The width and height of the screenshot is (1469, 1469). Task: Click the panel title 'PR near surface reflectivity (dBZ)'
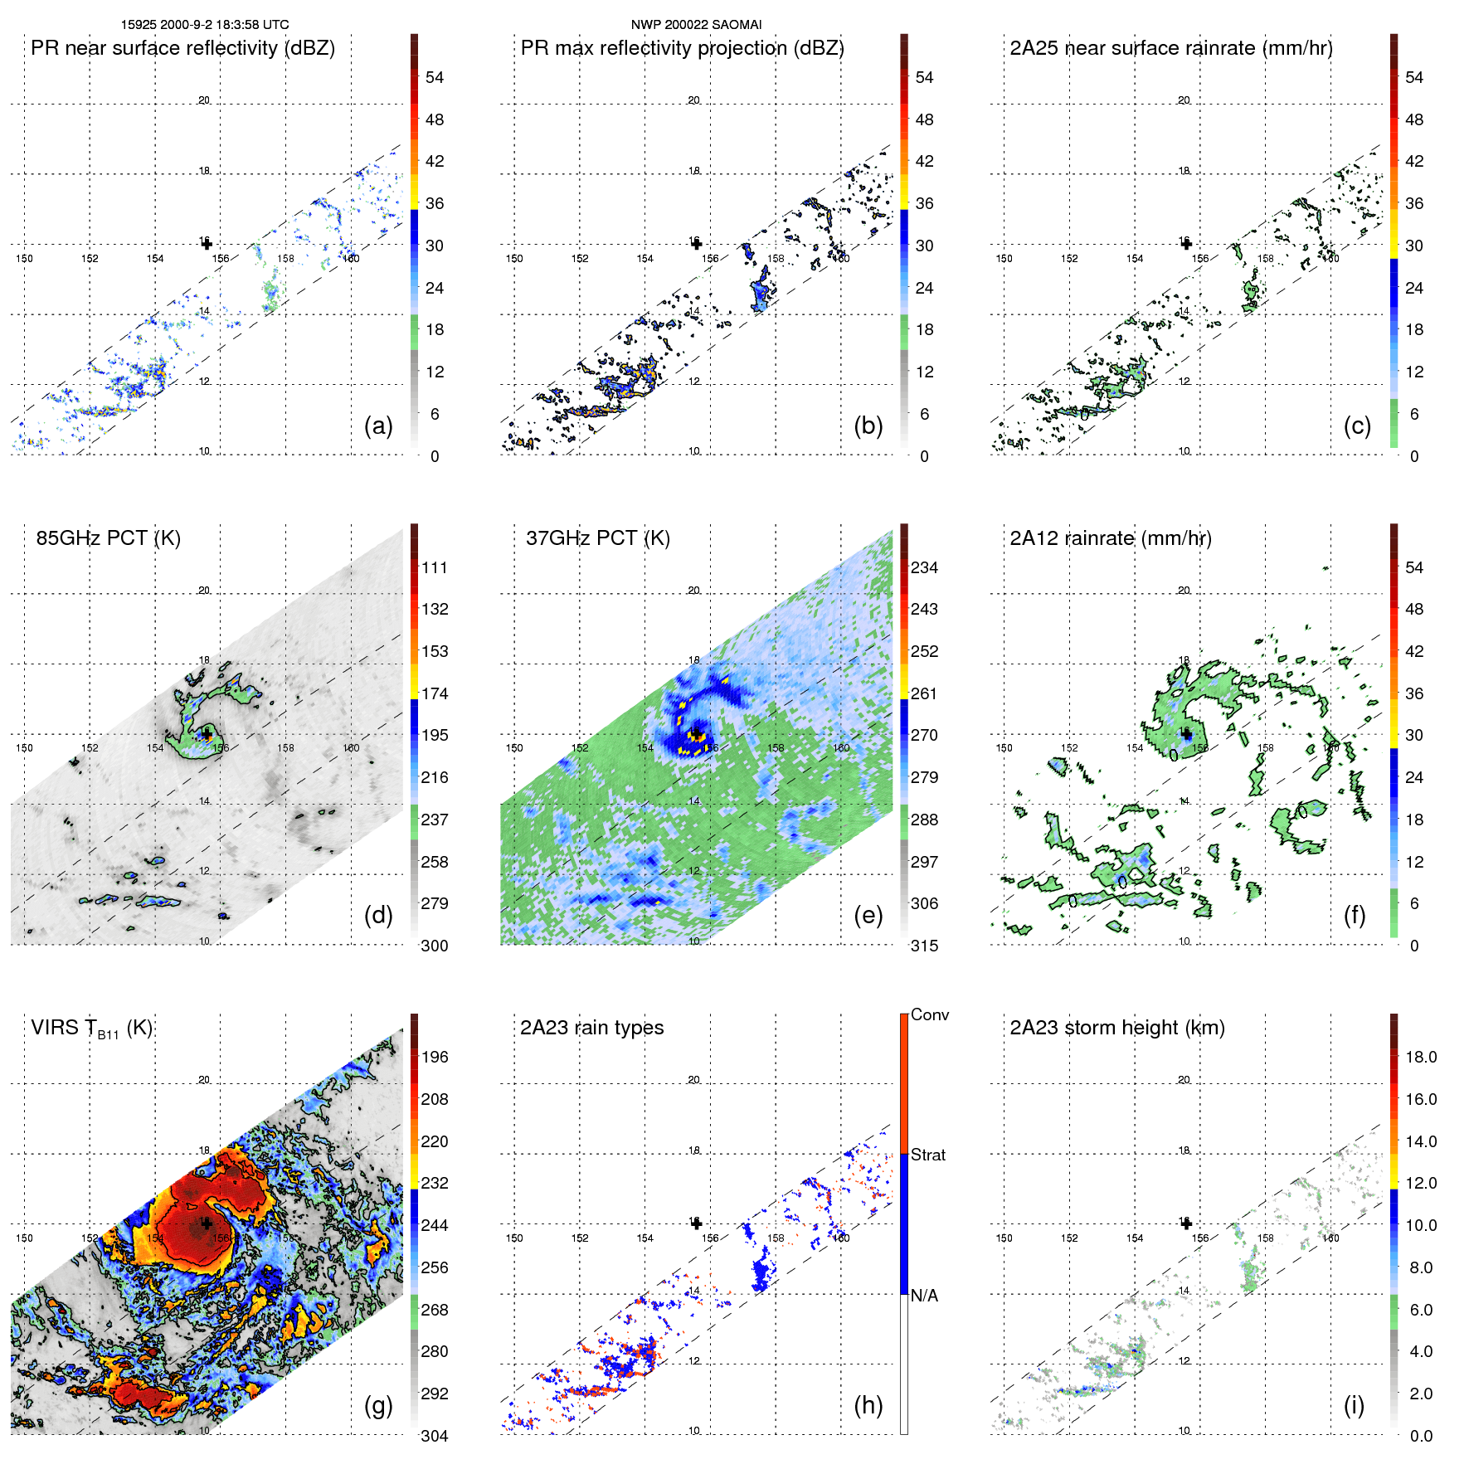(x=182, y=48)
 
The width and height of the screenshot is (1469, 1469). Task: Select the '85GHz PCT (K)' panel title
(x=108, y=538)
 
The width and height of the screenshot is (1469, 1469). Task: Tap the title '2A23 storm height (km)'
(x=1116, y=1028)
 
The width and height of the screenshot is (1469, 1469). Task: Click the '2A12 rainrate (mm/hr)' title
(x=1110, y=538)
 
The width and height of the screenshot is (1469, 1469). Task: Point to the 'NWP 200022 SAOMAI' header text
(x=696, y=25)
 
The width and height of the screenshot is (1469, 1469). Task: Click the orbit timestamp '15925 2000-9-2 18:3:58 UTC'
(x=205, y=25)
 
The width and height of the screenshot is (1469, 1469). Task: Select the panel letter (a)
(x=378, y=426)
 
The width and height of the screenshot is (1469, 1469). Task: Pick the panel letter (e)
(x=868, y=916)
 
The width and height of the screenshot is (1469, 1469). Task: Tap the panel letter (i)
(x=1354, y=1405)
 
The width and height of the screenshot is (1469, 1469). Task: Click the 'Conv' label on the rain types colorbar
(x=929, y=1014)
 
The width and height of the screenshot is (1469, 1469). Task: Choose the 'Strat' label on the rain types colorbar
(x=927, y=1155)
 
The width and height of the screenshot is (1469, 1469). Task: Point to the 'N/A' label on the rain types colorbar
(x=924, y=1296)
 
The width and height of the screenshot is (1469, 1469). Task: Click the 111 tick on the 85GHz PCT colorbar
(x=434, y=567)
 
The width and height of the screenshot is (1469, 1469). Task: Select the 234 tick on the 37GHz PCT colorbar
(x=924, y=567)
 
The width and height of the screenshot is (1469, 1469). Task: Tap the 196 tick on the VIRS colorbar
(x=434, y=1057)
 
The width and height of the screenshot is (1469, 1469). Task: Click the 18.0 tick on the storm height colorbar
(x=1420, y=1057)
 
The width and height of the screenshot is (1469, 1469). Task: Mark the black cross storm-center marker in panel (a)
(x=207, y=244)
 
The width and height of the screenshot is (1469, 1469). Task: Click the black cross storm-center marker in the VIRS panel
(x=207, y=1223)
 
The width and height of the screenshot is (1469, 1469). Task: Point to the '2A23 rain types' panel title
(x=591, y=1028)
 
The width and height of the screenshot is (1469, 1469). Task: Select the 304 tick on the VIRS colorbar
(x=434, y=1436)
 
